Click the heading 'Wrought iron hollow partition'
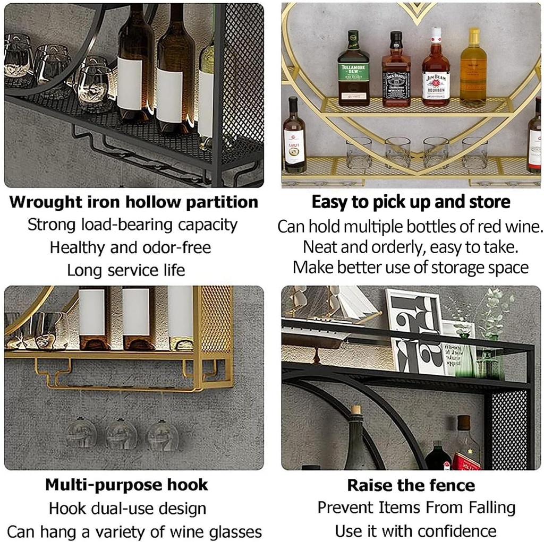point(134,202)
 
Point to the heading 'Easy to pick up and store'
point(411,202)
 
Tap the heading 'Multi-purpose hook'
point(126,485)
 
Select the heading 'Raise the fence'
point(411,485)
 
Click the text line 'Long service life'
point(126,270)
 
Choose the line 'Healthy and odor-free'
point(130,247)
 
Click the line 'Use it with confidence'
point(415,531)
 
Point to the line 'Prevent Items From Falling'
point(416,507)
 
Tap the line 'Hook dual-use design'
point(127,509)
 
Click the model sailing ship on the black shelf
point(329,319)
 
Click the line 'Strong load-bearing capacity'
point(132,225)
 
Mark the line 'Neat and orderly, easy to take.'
point(411,247)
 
